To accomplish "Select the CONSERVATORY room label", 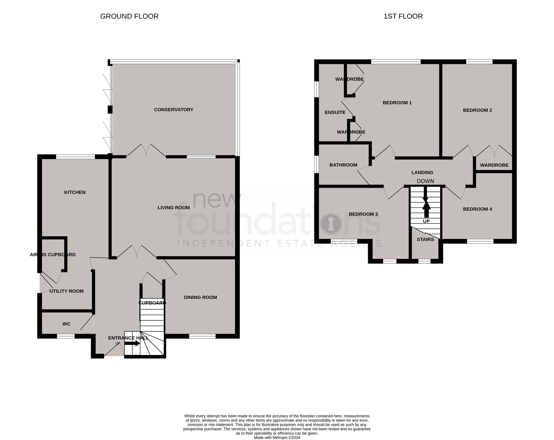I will [x=173, y=110].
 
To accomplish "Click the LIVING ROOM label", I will [x=173, y=208].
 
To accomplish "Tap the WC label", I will [x=66, y=324].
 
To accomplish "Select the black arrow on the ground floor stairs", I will [x=132, y=343].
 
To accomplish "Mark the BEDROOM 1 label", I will [x=397, y=103].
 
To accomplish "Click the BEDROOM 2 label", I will [x=477, y=110].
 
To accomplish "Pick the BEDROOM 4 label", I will [x=477, y=209].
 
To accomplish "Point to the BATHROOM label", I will [x=343, y=165].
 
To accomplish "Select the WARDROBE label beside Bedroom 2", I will [x=494, y=165].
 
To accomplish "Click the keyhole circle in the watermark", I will [x=331, y=224].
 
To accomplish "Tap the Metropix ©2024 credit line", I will [x=277, y=438].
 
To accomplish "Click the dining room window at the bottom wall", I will [x=202, y=336].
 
